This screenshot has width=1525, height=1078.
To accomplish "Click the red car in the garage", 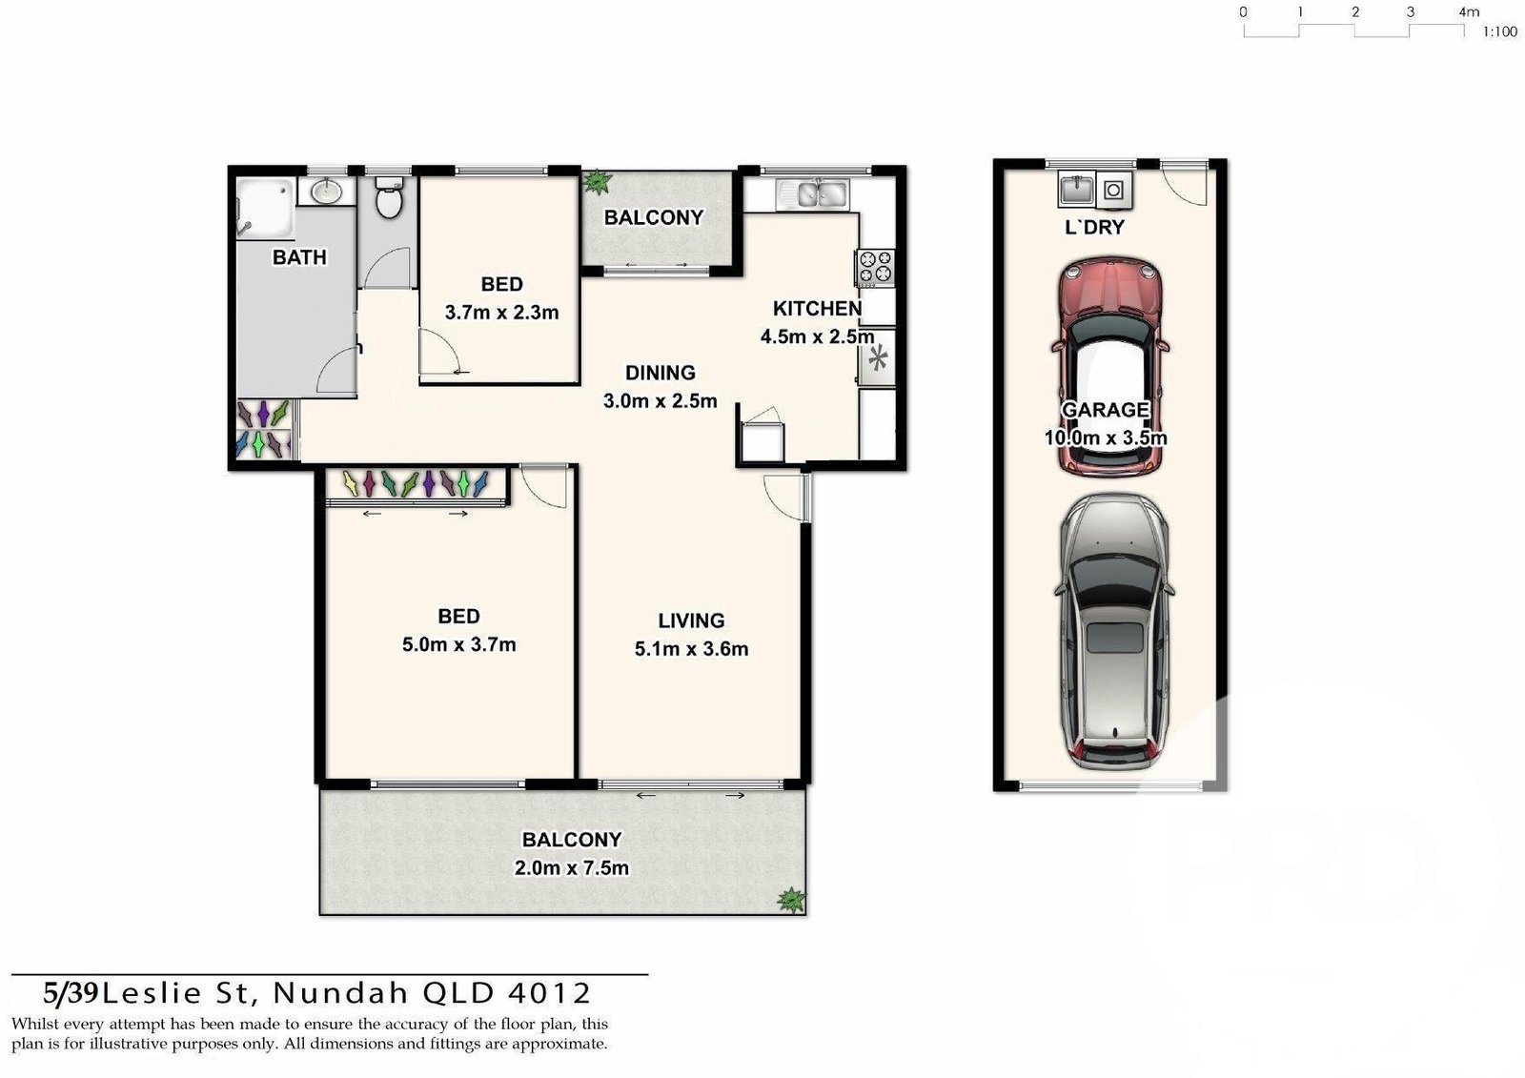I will [x=1110, y=367].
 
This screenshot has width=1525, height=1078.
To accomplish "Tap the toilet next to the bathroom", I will [x=388, y=199].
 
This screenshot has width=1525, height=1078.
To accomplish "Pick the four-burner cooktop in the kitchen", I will [x=875, y=267].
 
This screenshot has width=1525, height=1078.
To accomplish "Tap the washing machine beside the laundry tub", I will [x=1113, y=190].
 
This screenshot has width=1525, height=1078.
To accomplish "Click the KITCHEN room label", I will [x=817, y=309].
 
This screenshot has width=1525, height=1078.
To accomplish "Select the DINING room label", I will [x=660, y=373].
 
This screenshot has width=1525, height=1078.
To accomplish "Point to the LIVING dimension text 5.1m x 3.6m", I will [x=691, y=649].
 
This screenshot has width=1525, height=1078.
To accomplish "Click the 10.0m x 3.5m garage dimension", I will [x=1106, y=438].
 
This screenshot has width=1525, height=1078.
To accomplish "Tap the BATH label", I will [x=299, y=257].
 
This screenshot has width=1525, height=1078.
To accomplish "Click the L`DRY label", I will [x=1094, y=227].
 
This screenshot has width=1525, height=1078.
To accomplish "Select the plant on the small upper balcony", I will [x=598, y=181].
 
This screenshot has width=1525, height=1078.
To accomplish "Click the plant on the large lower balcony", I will [x=790, y=899].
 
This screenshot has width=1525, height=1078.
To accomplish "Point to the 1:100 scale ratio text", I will [x=1499, y=32].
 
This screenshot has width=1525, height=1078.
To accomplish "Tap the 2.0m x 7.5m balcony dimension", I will [x=571, y=868].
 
